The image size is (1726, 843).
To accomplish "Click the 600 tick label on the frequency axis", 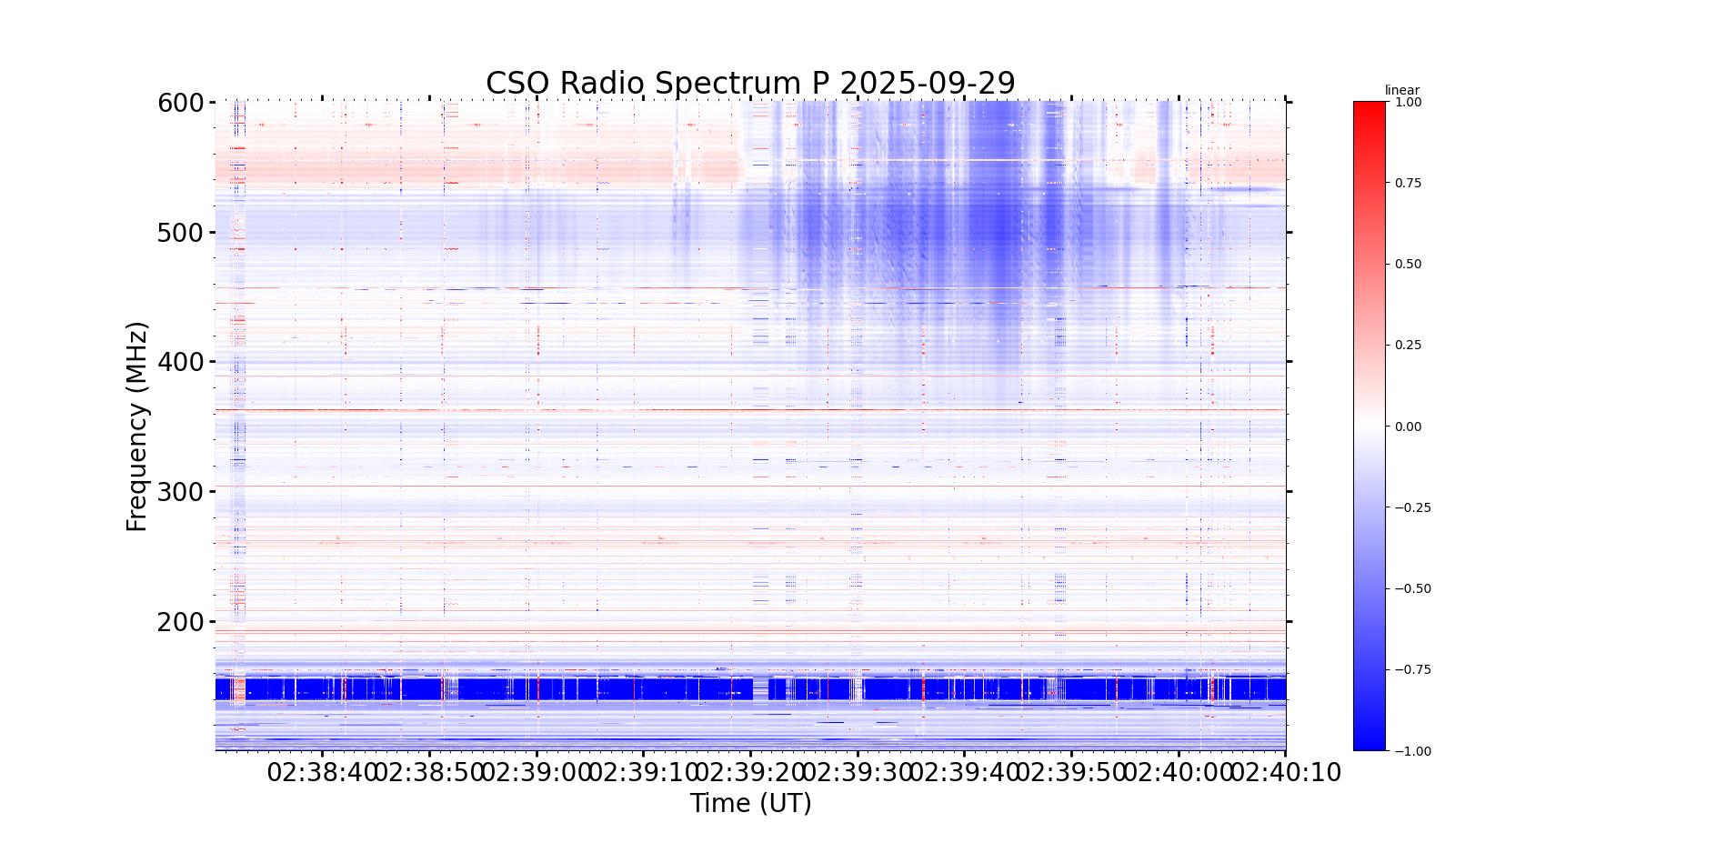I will (180, 103).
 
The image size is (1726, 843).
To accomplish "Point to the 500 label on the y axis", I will (180, 233).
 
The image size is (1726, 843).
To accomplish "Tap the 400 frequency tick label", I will (180, 363).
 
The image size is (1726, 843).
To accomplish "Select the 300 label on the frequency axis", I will (180, 492).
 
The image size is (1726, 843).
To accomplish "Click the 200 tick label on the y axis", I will (180, 622).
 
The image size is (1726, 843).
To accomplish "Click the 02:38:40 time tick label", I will (322, 773).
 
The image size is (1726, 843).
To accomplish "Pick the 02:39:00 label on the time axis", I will (537, 773).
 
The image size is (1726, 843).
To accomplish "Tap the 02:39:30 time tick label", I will (858, 773).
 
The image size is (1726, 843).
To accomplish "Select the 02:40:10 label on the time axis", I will (1286, 773).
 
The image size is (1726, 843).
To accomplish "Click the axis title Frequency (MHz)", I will (136, 427).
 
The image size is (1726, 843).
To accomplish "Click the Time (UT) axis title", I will (750, 804).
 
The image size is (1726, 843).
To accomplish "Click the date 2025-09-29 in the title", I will (927, 83).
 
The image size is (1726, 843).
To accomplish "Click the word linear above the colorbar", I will (1401, 90).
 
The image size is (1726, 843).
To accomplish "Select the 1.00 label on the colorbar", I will (1408, 102).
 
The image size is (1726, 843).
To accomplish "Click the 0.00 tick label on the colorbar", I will (1408, 427).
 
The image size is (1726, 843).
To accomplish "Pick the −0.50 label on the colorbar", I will (1412, 588).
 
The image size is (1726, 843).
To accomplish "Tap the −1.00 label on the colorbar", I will (1412, 751).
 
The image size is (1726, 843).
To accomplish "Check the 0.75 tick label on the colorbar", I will (1408, 183).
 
